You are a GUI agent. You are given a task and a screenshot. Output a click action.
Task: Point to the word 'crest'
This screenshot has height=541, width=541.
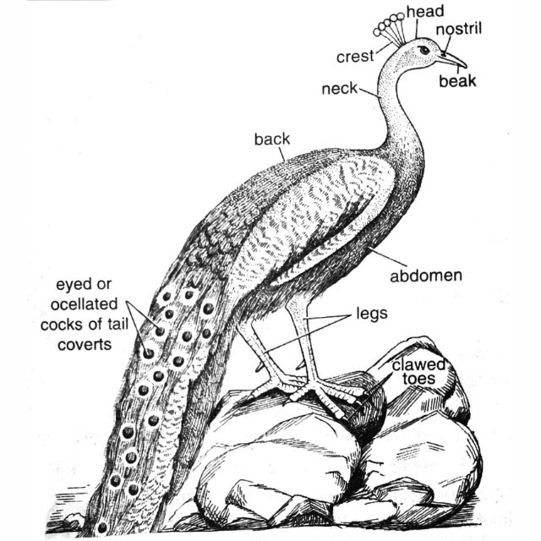tap(355, 57)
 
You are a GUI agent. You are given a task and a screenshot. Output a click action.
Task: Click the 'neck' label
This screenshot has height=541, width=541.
tap(339, 87)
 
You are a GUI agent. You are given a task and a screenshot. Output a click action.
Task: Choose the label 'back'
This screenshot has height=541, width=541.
tap(271, 139)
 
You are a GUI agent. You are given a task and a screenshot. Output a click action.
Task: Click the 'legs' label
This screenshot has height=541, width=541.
tap(372, 314)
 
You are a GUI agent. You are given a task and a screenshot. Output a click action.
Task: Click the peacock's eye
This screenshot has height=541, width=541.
tap(424, 50)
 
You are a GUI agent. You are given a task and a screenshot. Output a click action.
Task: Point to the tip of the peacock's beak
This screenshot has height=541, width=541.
tap(465, 66)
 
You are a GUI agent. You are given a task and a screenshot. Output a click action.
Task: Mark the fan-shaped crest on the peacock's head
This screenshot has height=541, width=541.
tap(391, 27)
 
